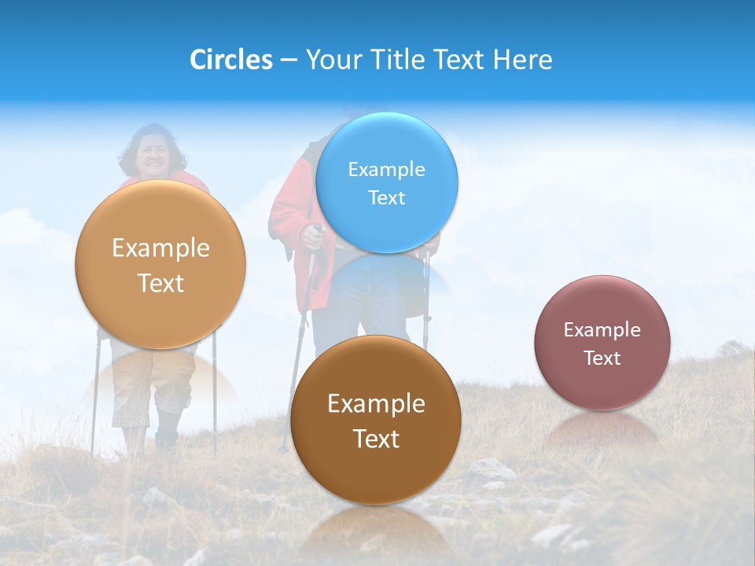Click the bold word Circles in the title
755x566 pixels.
(x=230, y=59)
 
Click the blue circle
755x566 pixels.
(x=386, y=182)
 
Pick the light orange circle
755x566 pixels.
(x=160, y=264)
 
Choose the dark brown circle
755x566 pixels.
(x=375, y=420)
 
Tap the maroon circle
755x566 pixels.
(x=602, y=343)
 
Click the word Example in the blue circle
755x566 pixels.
(x=386, y=169)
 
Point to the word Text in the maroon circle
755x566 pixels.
(x=602, y=358)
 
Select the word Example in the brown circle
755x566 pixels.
(x=376, y=403)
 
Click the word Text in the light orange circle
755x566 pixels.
(x=161, y=283)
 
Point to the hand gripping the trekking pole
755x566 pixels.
(x=312, y=235)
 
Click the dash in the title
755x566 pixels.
(x=289, y=60)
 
